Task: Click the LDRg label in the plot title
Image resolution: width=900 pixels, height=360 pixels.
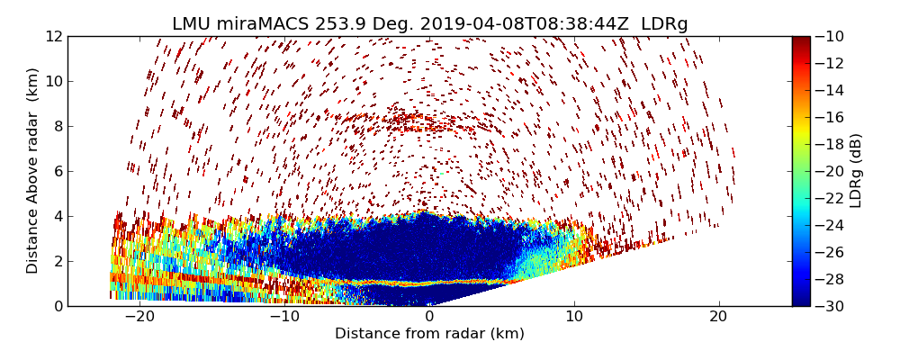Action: pos(664,24)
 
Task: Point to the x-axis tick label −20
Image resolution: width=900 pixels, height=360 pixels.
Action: pos(139,318)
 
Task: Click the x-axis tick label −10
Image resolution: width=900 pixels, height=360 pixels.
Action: pos(284,318)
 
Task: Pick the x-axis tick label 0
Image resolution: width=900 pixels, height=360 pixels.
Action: pos(429,318)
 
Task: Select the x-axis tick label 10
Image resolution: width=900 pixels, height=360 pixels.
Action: pos(574,318)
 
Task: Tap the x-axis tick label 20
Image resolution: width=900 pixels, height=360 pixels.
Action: pos(718,318)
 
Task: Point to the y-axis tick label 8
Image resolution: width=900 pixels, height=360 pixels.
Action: pos(58,126)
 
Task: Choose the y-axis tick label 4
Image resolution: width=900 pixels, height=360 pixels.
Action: pos(58,216)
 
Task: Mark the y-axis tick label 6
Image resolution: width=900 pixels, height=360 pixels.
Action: pos(58,171)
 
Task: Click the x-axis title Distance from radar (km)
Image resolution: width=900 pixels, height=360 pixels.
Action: pos(429,334)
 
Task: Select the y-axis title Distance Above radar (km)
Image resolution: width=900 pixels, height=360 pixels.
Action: pos(33,171)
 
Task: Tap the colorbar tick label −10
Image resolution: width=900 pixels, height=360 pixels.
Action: pos(832,37)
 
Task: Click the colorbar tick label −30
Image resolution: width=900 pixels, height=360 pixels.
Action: pos(832,306)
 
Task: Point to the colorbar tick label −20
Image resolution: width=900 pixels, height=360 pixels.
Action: pos(832,171)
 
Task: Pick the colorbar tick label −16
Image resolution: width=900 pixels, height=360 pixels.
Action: pos(832,117)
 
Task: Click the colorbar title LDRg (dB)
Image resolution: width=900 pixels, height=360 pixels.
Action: pos(856,171)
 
